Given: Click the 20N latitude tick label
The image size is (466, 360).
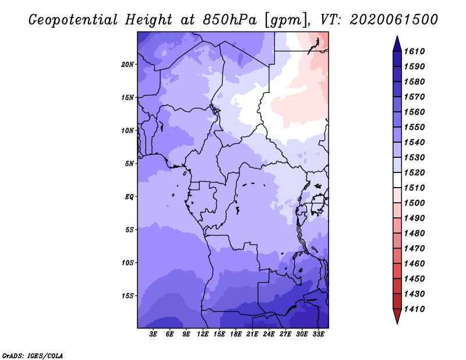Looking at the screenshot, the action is (x=128, y=65).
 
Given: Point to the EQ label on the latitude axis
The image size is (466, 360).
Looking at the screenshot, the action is (x=129, y=197).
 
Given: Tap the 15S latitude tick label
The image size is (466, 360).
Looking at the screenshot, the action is (x=128, y=296).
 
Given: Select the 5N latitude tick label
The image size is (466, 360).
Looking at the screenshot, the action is (x=129, y=164).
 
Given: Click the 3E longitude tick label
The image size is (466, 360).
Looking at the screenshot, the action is (x=153, y=334).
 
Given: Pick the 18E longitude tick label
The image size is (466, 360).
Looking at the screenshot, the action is (x=236, y=334).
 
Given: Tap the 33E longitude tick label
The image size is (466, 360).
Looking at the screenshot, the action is (x=318, y=334).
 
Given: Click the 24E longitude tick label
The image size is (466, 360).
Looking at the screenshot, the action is (x=269, y=334).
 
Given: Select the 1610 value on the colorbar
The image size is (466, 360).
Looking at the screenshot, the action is (x=415, y=51).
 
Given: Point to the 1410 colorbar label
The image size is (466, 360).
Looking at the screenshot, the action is (x=415, y=309).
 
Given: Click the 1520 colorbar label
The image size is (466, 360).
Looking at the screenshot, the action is (x=415, y=172).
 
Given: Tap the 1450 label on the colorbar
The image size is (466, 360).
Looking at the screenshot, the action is (x=415, y=279).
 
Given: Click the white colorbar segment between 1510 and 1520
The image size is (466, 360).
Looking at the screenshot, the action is (x=397, y=180).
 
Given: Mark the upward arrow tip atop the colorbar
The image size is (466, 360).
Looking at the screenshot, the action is (x=397, y=36).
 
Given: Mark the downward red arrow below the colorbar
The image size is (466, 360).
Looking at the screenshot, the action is (x=397, y=316).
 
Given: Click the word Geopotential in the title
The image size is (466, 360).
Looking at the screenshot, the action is (x=73, y=20).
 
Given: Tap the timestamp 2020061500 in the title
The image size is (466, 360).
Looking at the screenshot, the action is (x=394, y=20).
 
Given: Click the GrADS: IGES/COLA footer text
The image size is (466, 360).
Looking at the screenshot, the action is (x=33, y=356).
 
